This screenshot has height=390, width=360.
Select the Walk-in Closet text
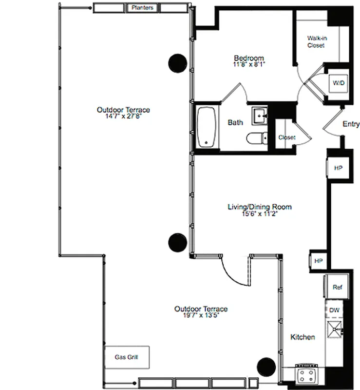tap(316, 41)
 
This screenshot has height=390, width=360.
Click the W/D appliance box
tap(339, 83)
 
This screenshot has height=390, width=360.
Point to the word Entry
tap(351, 124)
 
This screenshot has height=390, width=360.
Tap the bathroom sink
tap(259, 116)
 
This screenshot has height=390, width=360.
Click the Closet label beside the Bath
tap(286, 137)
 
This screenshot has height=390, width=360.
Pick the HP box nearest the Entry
tap(338, 168)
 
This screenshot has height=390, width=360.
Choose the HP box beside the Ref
tap(319, 261)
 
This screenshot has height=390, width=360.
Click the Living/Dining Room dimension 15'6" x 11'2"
tap(260, 214)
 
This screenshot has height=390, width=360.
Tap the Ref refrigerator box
tap(337, 288)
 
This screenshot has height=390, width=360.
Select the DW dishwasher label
tap(334, 310)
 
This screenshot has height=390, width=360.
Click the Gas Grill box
tap(126, 357)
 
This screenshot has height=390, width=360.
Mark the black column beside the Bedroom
tap(178, 62)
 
